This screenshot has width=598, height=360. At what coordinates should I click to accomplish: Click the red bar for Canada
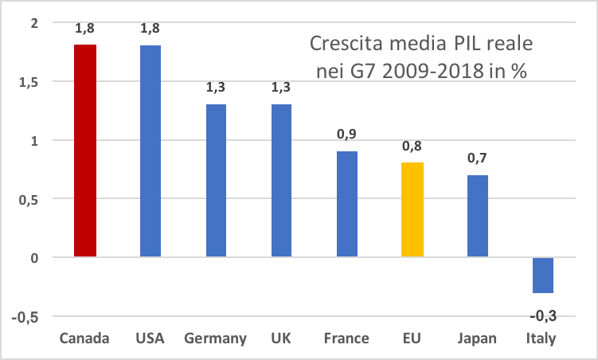pos(85,151)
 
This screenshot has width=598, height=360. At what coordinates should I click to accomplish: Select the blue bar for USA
pos(150,151)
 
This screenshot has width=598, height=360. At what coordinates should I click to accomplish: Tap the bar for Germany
pos(217,181)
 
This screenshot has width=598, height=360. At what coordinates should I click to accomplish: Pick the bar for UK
pos(283,181)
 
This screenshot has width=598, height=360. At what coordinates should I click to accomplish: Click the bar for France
pos(347,204)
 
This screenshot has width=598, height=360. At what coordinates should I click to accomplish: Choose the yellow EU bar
pos(412,209)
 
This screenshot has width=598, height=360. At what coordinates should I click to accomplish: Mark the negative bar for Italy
pos(543,275)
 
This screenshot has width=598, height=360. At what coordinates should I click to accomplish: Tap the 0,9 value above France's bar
pos(346,134)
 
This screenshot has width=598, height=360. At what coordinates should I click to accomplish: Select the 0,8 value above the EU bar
pos(412,146)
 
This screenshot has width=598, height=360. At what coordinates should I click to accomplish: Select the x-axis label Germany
pos(215,339)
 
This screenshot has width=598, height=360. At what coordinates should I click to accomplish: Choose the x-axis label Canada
pos(84,339)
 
